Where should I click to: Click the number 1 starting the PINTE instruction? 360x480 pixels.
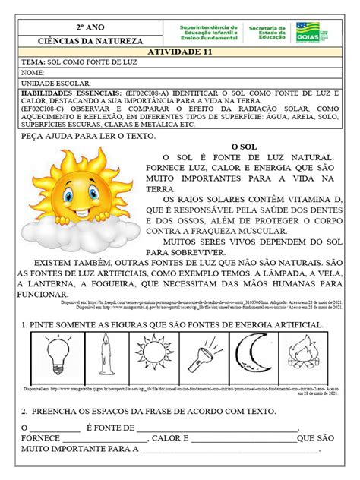click(24, 324)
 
